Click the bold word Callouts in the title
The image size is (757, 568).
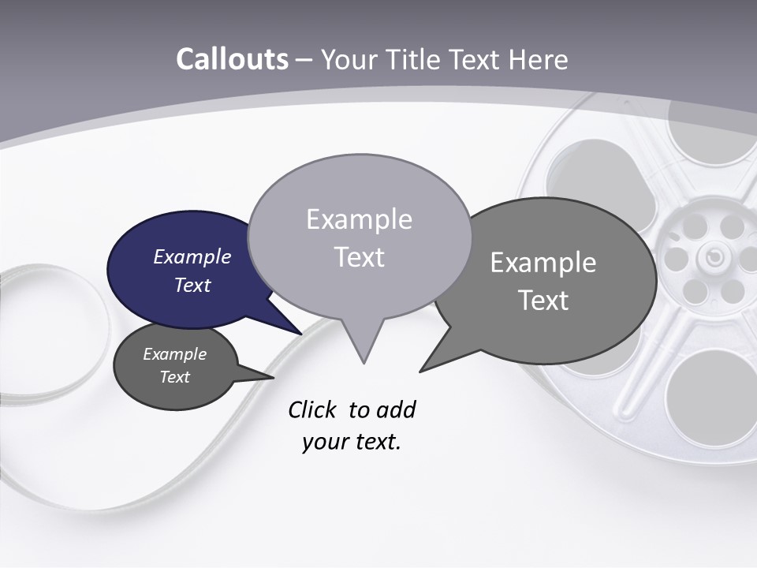pos(232,59)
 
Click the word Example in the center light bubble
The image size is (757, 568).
pos(359,219)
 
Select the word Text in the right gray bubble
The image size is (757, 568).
pos(544,301)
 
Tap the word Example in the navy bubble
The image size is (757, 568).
pos(192,256)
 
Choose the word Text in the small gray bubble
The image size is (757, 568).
pos(174,377)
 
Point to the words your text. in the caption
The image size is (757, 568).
pos(352,442)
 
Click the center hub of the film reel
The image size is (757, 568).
pos(713,256)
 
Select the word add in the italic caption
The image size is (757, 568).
pos(397,409)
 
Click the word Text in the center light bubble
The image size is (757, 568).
pos(360,257)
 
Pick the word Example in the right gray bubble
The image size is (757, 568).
pos(543,263)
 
